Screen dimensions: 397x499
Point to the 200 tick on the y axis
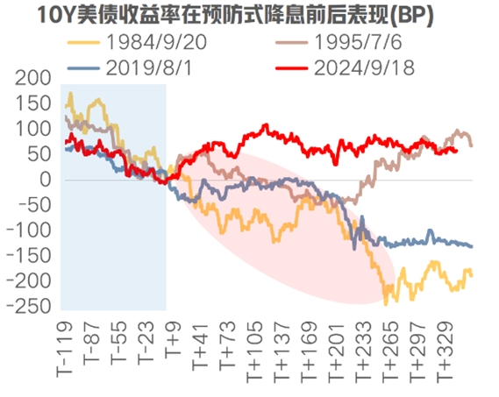point(34,78)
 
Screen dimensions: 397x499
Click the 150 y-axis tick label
point(34,103)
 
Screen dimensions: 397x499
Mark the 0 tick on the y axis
point(48,180)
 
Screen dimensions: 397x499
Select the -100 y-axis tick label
point(31,230)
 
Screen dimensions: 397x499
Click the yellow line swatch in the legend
point(84,41)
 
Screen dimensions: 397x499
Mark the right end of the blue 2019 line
point(471,246)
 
